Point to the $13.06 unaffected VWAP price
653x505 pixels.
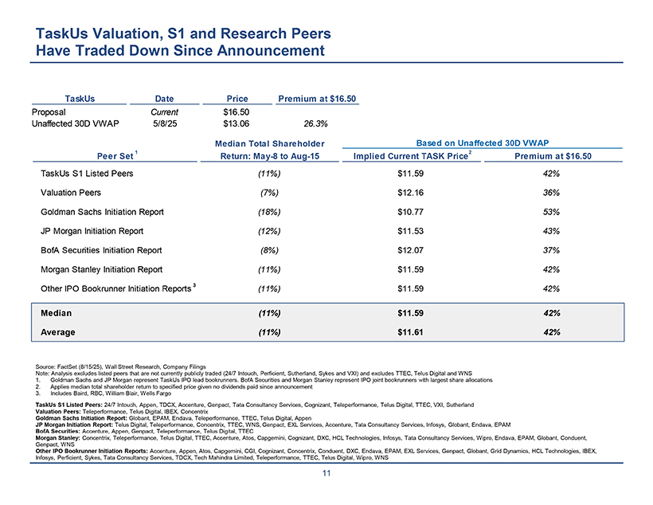(x=237, y=123)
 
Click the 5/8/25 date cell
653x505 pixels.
(x=164, y=123)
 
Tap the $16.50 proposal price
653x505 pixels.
(x=237, y=112)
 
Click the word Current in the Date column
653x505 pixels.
(x=164, y=112)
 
